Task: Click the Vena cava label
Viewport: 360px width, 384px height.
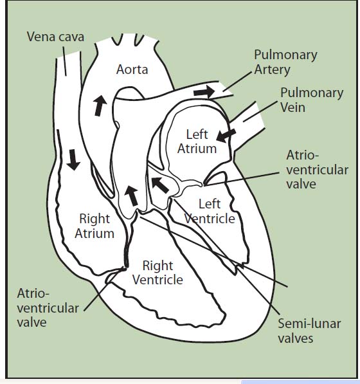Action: point(55,37)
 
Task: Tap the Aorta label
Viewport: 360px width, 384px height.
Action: point(132,69)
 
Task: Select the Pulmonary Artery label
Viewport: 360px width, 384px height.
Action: point(285,62)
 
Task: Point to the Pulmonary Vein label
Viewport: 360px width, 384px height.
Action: point(312,100)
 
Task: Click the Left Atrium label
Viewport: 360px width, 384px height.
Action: point(197,142)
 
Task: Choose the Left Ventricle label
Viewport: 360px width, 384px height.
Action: point(210,211)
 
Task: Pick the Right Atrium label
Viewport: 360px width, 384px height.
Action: point(94,226)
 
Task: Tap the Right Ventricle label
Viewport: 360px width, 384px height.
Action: point(157,273)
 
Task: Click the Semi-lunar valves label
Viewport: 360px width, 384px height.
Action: point(309,331)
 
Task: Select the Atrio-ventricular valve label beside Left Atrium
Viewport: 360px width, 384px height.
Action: point(318,169)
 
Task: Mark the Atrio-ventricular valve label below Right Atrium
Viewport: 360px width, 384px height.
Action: point(48,308)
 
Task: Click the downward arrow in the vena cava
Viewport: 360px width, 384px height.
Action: point(73,160)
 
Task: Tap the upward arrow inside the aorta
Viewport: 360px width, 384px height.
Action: point(100,105)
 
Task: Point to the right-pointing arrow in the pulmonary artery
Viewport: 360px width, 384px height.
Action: point(204,92)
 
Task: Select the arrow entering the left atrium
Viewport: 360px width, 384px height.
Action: point(226,136)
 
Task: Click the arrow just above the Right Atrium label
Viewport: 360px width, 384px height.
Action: point(131,196)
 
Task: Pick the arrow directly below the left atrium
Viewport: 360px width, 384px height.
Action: point(160,185)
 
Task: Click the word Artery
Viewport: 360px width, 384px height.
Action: point(272,70)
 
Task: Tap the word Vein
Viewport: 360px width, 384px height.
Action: point(292,107)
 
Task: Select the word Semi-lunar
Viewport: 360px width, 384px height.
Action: point(309,324)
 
